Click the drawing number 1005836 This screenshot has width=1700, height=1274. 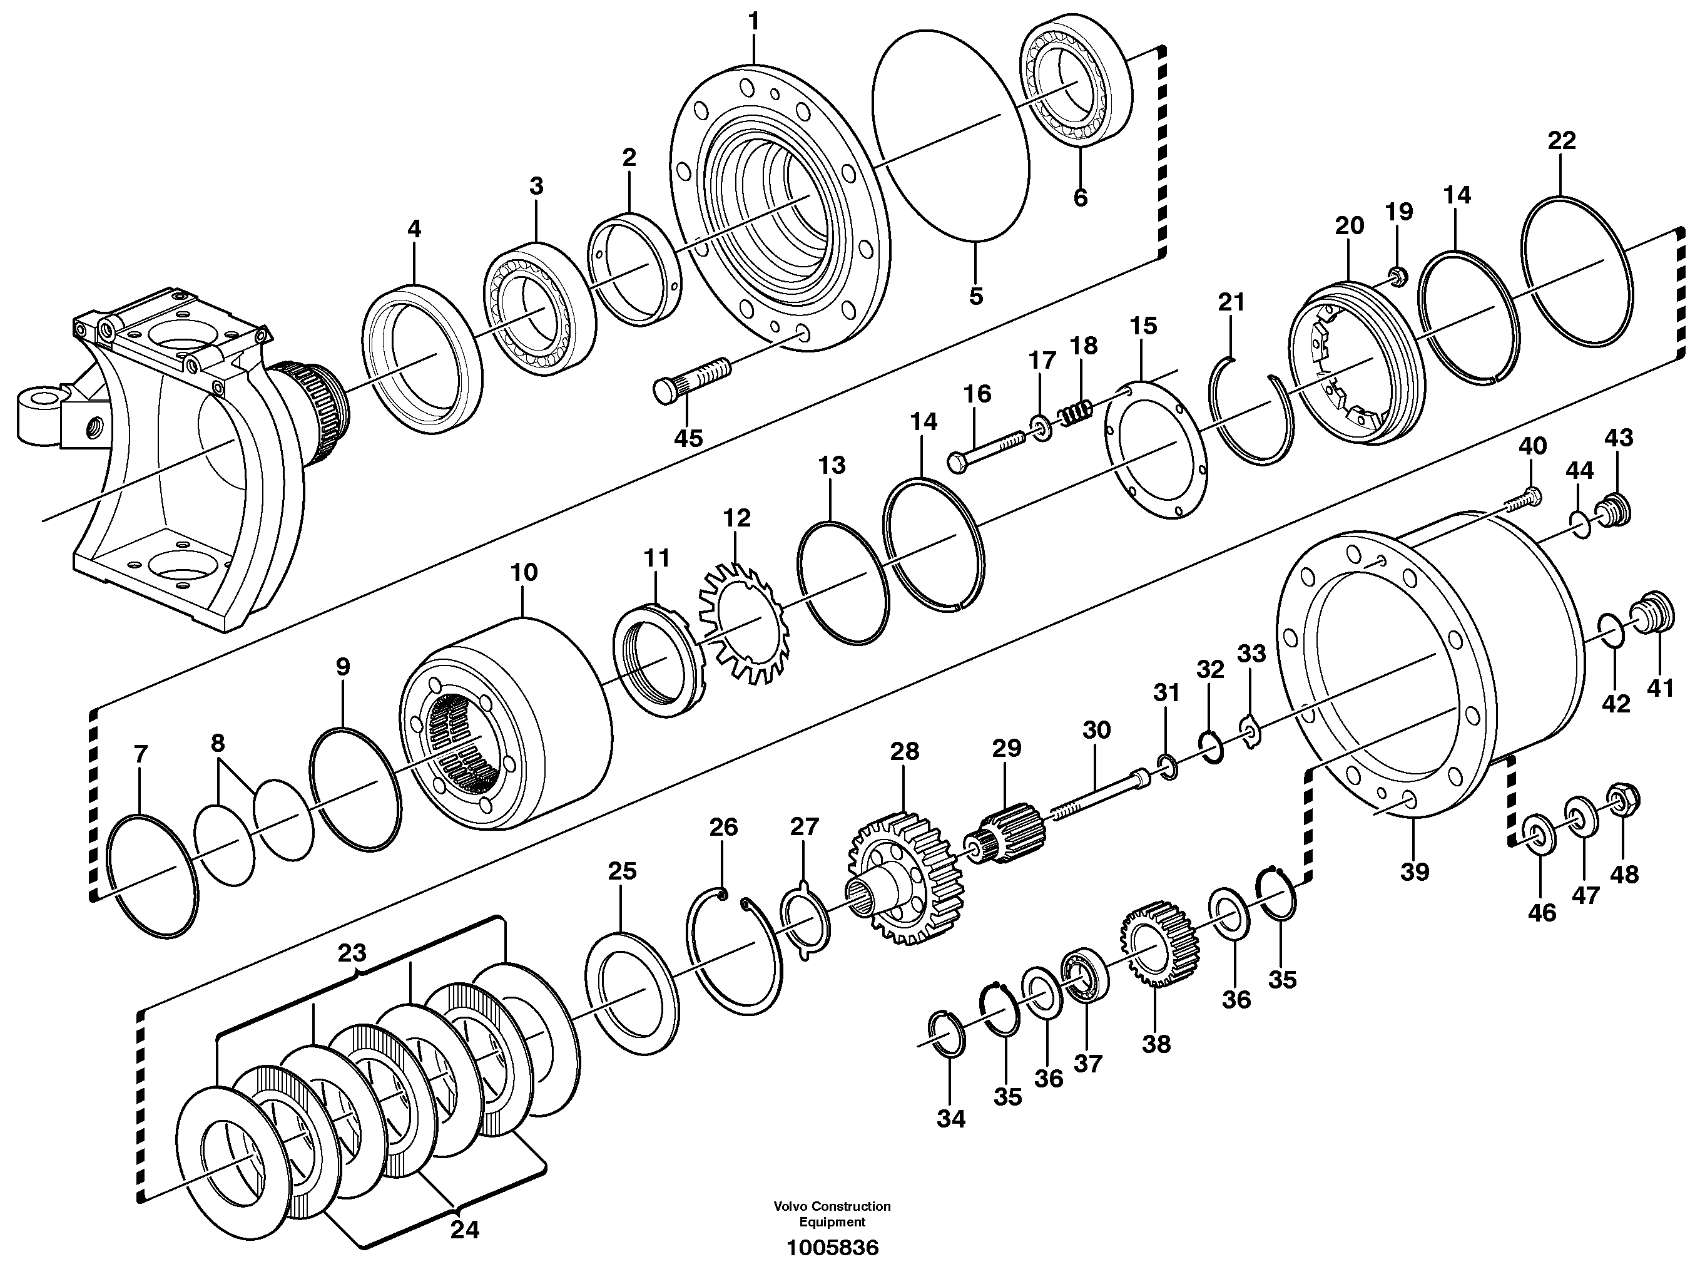click(x=832, y=1248)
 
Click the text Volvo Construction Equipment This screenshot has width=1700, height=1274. click(x=832, y=1214)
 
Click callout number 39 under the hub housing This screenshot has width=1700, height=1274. click(x=1414, y=872)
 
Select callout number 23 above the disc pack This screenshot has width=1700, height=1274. click(x=352, y=953)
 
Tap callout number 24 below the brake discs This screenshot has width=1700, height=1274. click(x=464, y=1230)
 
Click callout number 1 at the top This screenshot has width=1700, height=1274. click(x=753, y=21)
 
